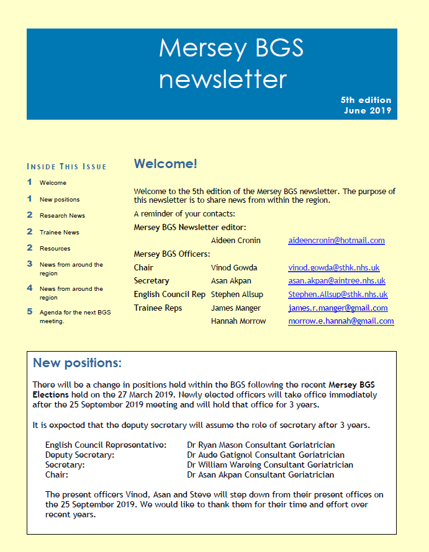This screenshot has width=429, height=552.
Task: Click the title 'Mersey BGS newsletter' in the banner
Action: pyautogui.click(x=223, y=63)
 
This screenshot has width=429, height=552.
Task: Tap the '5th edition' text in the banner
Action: pyautogui.click(x=366, y=100)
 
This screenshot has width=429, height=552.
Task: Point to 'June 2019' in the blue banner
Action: pyautogui.click(x=368, y=111)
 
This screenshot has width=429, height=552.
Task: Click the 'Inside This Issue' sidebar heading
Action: pyautogui.click(x=67, y=166)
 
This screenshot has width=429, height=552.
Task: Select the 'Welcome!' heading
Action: pyautogui.click(x=166, y=164)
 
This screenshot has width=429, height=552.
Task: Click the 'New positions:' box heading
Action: pyautogui.click(x=77, y=363)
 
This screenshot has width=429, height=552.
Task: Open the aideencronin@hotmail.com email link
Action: pyautogui.click(x=336, y=240)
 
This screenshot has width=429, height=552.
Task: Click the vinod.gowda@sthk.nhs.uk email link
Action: pyautogui.click(x=333, y=268)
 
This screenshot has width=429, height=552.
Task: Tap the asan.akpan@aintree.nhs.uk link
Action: pyautogui.click(x=337, y=281)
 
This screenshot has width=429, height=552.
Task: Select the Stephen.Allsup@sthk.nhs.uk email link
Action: pyautogui.click(x=338, y=295)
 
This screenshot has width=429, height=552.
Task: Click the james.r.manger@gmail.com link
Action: pyautogui.click(x=338, y=308)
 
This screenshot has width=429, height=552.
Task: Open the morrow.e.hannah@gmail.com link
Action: pyautogui.click(x=341, y=321)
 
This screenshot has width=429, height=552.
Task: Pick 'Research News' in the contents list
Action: pyautogui.click(x=62, y=216)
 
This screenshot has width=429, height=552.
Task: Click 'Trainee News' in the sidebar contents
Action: pyautogui.click(x=60, y=232)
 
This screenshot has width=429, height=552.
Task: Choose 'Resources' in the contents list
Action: pyautogui.click(x=55, y=248)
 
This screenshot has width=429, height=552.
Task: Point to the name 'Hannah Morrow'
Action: pyautogui.click(x=238, y=321)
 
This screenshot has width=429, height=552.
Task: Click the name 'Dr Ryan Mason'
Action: pyautogui.click(x=215, y=445)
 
